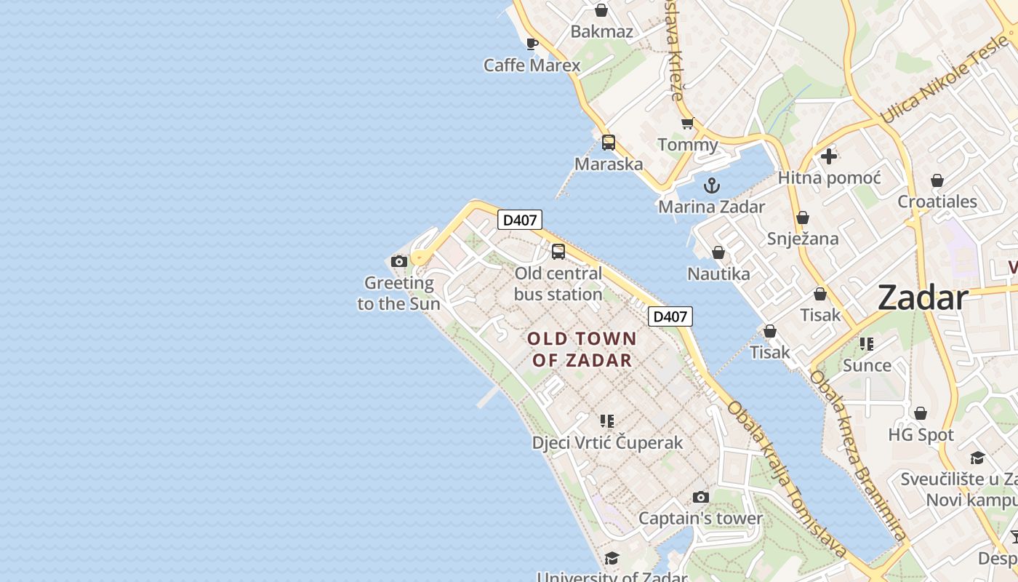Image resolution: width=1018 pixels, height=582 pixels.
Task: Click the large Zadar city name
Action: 923,298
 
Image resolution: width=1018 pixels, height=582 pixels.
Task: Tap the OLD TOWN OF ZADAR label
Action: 582,349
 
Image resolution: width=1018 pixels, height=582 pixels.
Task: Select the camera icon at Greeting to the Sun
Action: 398,261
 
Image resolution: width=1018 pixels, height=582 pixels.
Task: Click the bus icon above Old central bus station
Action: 558,252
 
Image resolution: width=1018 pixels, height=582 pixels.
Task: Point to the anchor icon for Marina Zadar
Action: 712,185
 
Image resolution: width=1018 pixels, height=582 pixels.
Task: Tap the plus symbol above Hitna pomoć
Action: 828,156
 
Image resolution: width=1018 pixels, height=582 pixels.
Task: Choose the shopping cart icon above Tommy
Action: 687,123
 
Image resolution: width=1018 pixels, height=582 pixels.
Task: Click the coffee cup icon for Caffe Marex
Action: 532,44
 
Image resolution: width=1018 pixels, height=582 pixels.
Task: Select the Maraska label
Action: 609,164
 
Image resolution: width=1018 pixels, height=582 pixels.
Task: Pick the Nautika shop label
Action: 718,274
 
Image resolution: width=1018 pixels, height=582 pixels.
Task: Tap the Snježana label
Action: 803,239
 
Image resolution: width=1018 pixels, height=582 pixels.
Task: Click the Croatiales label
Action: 937,202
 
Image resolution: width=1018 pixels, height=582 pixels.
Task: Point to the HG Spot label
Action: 921,435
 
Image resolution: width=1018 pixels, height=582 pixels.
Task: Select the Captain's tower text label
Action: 700,519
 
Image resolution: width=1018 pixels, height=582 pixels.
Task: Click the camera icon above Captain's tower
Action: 700,498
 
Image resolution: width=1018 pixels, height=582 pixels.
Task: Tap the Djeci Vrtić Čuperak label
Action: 607,442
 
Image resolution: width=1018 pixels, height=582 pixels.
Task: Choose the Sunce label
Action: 867,365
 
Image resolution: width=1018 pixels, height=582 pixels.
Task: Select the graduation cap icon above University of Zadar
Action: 612,558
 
